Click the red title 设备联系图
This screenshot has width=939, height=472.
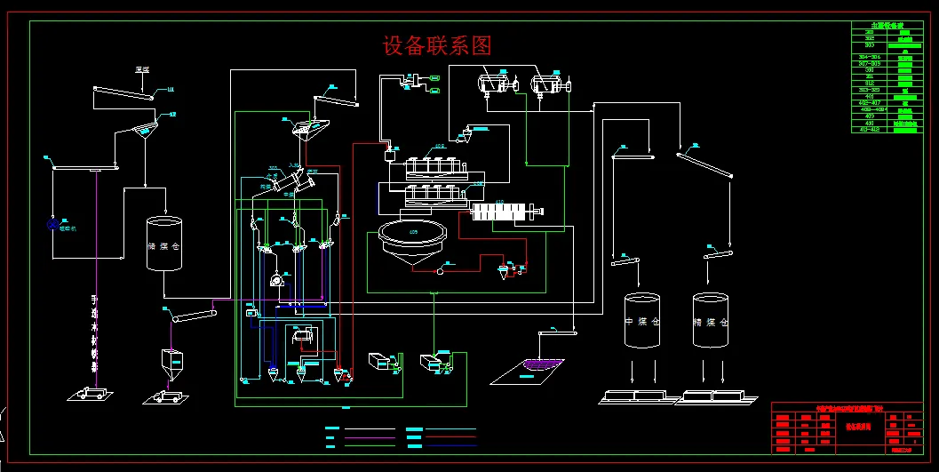(436, 45)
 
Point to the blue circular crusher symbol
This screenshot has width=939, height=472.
(53, 225)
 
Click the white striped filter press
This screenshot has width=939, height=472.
(504, 212)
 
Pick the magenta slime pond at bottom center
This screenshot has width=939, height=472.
(544, 363)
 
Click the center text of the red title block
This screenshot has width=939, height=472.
(848, 426)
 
